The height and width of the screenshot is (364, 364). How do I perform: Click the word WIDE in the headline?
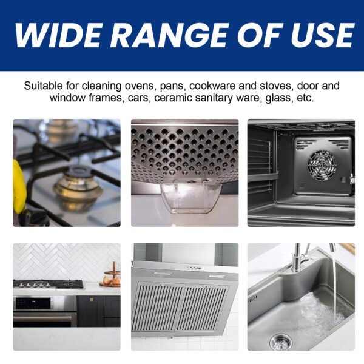point(58,35)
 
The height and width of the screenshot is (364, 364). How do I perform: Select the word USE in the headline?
point(323,35)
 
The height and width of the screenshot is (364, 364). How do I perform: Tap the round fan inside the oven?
point(322,166)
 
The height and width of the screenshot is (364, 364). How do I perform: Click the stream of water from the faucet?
point(334,290)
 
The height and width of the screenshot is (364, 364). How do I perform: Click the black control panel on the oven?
point(33,303)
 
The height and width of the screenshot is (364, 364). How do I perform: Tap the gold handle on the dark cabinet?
point(91,300)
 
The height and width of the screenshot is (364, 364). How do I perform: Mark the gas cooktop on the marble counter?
point(48,284)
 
